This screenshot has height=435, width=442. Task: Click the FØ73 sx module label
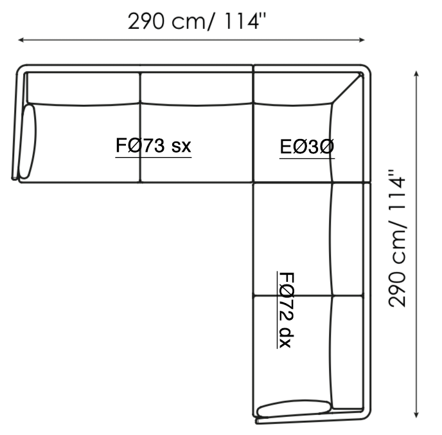(154, 145)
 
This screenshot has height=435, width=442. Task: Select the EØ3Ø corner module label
(307, 147)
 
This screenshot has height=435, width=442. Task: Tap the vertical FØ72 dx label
(287, 310)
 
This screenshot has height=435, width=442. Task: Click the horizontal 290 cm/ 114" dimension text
(197, 21)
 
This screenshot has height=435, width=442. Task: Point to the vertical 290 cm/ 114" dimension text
(397, 238)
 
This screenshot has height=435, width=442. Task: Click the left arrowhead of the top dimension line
(21, 40)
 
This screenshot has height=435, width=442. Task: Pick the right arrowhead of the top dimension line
(362, 40)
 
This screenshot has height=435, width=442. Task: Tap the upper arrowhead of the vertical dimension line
(416, 73)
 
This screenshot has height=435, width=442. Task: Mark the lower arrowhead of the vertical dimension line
(416, 414)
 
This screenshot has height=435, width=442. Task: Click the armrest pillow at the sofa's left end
(28, 141)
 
